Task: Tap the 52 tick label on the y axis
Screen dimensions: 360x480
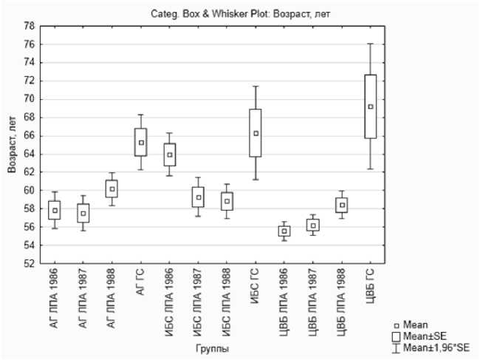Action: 28,263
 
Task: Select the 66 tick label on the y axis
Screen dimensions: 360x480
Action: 28,135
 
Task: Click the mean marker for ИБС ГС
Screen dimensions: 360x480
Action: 256,134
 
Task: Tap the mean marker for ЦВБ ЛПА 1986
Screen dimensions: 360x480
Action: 284,231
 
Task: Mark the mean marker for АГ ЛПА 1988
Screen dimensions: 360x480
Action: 112,189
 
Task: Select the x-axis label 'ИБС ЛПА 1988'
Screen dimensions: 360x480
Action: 227,300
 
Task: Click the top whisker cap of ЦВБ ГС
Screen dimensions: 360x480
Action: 371,44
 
